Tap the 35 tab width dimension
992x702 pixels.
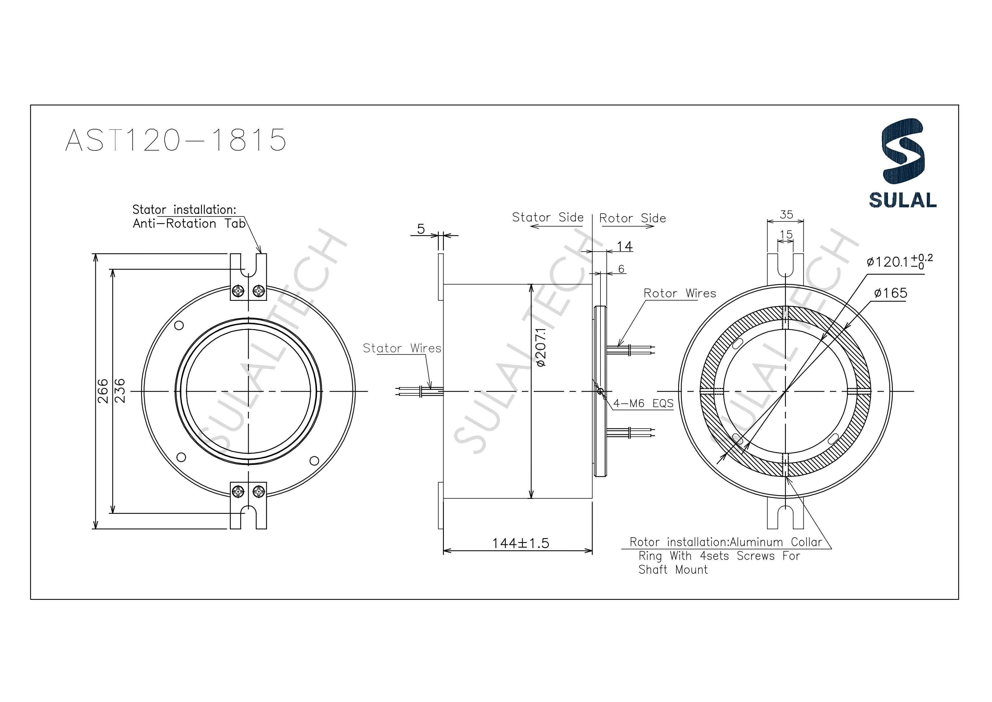point(786,214)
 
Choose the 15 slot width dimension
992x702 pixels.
point(786,235)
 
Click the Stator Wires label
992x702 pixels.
point(402,348)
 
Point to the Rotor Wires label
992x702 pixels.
point(679,293)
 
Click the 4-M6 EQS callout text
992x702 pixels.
point(643,403)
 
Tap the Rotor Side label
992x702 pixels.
point(632,218)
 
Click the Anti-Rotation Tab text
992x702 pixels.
point(189,224)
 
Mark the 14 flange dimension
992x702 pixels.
point(624,246)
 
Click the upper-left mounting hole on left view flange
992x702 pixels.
point(178,325)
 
